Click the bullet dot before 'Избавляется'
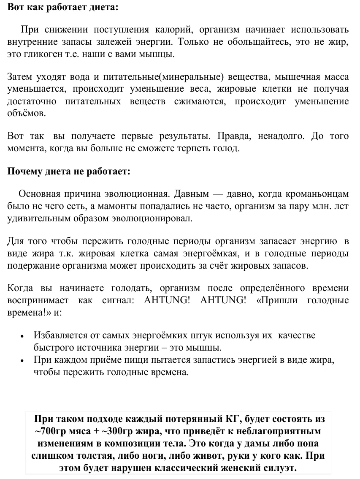click(x=22, y=336)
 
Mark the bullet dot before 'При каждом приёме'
click(x=22, y=361)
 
